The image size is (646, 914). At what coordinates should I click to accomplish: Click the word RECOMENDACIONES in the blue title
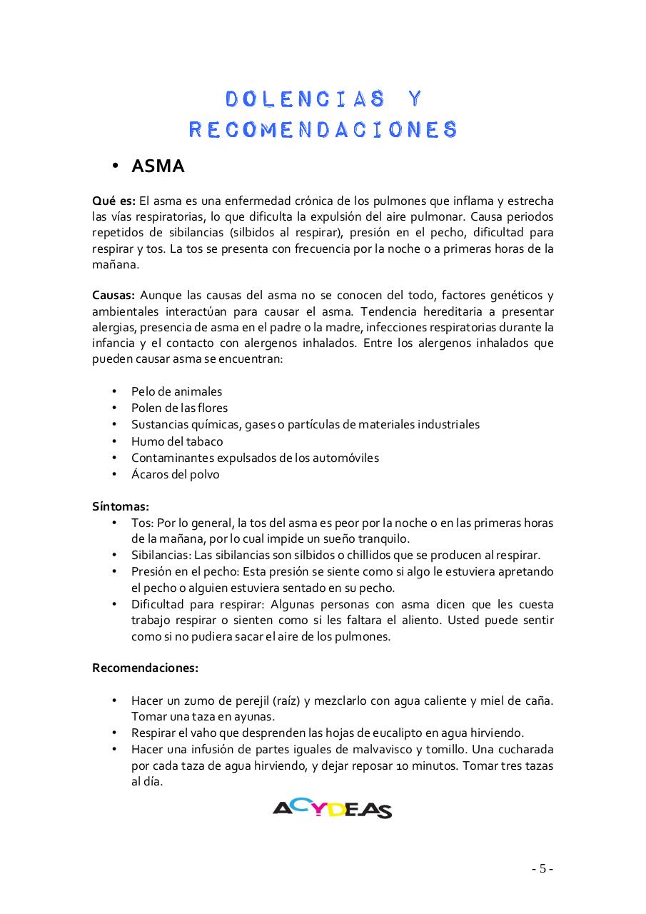tap(323, 129)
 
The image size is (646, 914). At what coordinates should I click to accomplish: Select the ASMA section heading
tap(158, 166)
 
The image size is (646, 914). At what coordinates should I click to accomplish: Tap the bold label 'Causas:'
tap(113, 295)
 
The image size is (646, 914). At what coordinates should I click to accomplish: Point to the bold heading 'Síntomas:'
tap(121, 506)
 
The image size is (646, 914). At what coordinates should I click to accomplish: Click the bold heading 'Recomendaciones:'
tap(145, 668)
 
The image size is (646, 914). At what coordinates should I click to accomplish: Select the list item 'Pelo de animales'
tap(176, 391)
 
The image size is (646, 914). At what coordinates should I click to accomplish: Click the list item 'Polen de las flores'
tap(179, 408)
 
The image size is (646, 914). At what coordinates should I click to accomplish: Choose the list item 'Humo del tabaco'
tap(177, 441)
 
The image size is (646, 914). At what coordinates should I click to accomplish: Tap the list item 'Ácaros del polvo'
tap(175, 474)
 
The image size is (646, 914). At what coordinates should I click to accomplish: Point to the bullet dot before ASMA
tap(114, 167)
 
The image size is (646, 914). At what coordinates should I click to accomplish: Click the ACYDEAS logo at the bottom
tap(332, 808)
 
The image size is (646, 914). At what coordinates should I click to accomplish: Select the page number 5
tap(542, 869)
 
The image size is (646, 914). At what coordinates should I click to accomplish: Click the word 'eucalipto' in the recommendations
tap(375, 733)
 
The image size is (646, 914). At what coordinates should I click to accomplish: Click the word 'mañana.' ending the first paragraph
tap(115, 264)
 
